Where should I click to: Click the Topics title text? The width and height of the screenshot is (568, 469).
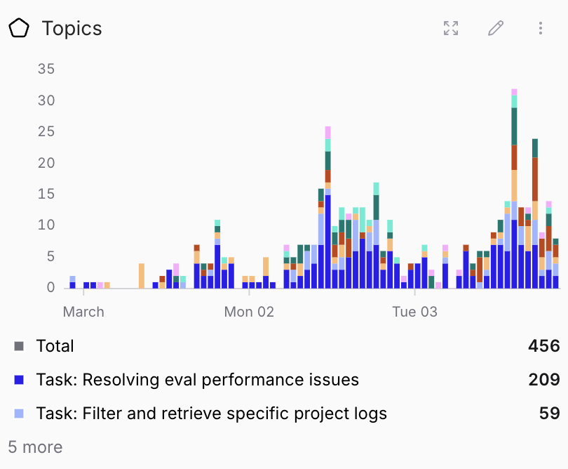[72, 28]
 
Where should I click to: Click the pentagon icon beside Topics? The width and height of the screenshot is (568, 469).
[19, 28]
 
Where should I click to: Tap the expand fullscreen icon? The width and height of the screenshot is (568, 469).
[451, 28]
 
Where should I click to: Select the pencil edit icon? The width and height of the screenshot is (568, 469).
[496, 28]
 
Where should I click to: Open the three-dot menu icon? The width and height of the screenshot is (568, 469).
[541, 28]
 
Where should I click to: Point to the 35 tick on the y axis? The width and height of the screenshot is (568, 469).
[46, 69]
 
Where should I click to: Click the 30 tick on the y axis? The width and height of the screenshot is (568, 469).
[46, 100]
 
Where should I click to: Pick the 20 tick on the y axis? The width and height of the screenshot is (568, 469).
[46, 163]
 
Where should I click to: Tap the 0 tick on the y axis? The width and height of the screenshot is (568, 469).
[50, 287]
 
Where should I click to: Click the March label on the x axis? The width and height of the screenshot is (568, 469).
[83, 312]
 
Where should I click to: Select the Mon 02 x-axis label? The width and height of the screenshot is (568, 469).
[249, 312]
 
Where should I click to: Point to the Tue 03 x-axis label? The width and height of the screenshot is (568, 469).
[414, 312]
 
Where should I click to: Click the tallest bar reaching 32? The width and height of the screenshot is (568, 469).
[514, 190]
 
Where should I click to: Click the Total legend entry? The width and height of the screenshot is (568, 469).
[55, 345]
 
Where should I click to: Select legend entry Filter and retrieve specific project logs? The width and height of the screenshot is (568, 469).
[211, 414]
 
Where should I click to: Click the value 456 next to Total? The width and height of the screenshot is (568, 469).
[544, 345]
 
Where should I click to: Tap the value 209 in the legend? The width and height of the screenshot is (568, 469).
[544, 380]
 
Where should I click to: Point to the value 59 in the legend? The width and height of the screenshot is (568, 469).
[549, 414]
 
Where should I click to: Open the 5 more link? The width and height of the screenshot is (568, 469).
[35, 447]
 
